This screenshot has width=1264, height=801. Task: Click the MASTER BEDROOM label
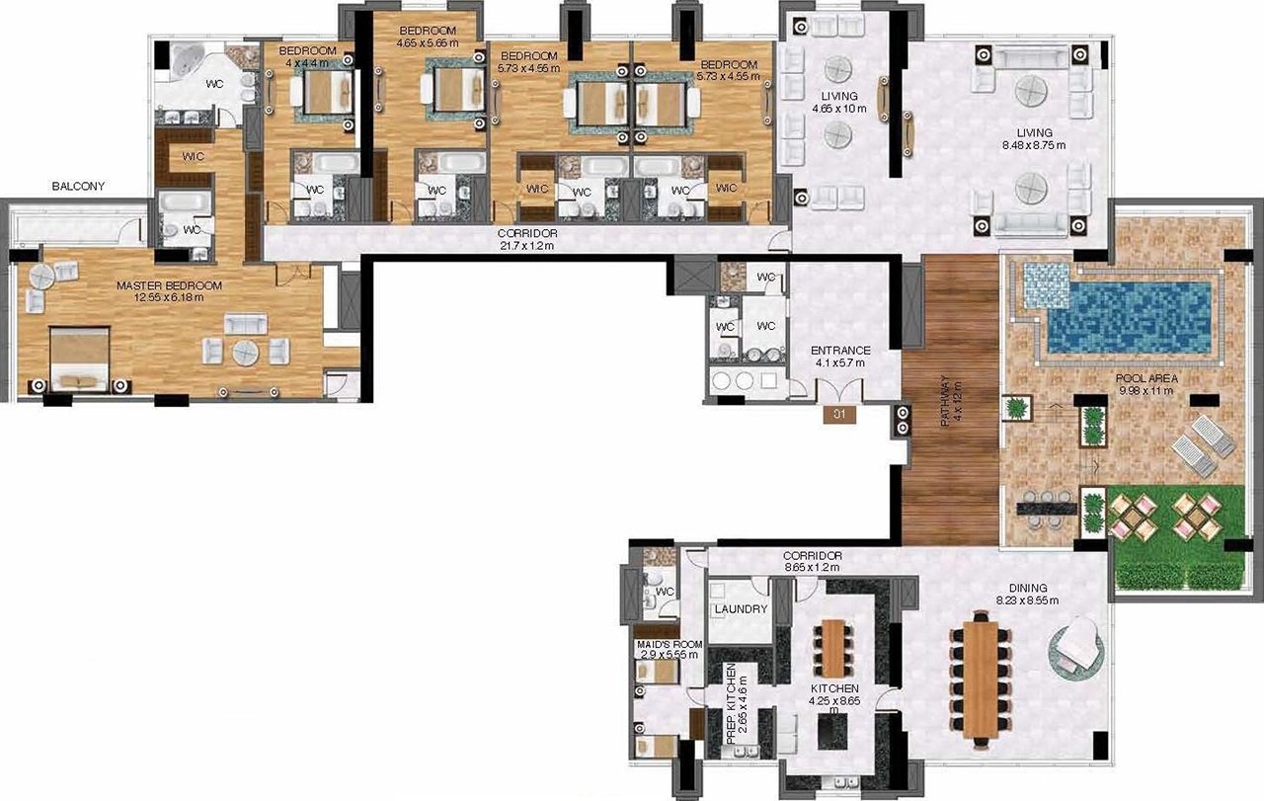[169, 285]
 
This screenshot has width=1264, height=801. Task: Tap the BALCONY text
[78, 187]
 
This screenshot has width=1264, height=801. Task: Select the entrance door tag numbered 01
[839, 415]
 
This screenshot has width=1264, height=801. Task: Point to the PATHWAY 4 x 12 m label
[951, 401]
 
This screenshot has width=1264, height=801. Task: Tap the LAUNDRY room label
[741, 609]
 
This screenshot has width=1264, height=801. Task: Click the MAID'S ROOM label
[670, 645]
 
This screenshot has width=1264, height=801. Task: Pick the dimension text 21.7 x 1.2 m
[527, 246]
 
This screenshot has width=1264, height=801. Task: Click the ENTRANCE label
[840, 351]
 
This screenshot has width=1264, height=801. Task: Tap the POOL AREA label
[1146, 378]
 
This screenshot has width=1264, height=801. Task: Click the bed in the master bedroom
[79, 360]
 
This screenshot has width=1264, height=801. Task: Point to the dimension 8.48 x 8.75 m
[1034, 145]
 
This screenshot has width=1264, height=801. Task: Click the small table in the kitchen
[833, 649]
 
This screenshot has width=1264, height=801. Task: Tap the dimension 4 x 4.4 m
[307, 62]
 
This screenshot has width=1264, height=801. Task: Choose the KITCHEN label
[834, 689]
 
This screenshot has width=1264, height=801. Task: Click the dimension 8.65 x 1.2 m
[812, 567]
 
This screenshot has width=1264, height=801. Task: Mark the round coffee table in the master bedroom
[246, 354]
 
